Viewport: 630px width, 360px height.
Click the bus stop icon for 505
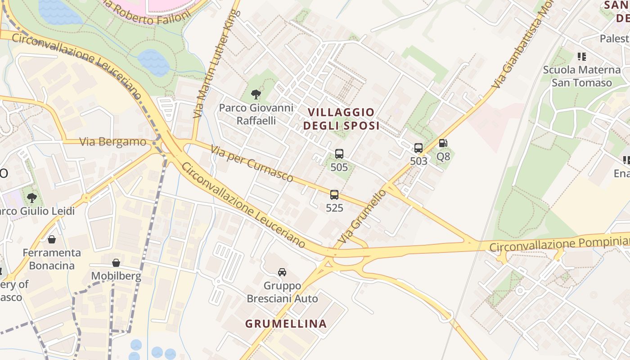(x=339, y=154)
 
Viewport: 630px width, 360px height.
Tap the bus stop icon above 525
(x=334, y=195)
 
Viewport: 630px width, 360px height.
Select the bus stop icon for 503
(x=418, y=148)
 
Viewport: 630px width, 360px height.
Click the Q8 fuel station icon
(x=443, y=144)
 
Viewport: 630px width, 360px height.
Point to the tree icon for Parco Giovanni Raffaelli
(x=256, y=94)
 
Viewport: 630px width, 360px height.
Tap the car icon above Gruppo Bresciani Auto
(x=282, y=272)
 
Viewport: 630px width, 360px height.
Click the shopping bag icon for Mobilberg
(x=116, y=262)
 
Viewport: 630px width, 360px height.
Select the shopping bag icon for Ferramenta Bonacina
(x=52, y=239)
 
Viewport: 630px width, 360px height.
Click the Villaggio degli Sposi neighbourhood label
(x=341, y=119)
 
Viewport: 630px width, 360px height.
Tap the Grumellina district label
(x=286, y=324)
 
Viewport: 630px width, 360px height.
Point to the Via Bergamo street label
(x=113, y=142)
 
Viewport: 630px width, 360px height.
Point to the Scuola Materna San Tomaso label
(x=582, y=76)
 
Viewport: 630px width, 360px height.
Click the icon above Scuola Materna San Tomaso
(x=582, y=57)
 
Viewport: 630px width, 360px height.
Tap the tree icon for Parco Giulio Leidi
(x=31, y=198)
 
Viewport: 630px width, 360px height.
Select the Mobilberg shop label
(x=116, y=276)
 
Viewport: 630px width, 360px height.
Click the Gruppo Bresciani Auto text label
(x=282, y=292)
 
